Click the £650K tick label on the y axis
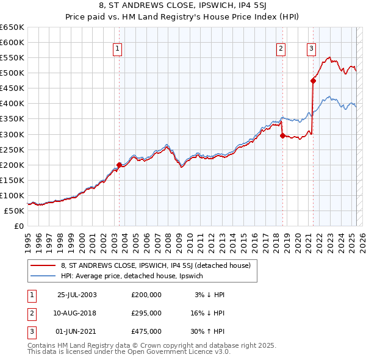(x=12, y=27)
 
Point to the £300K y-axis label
(x=12, y=134)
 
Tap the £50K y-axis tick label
(x=14, y=211)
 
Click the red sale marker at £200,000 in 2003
(x=120, y=164)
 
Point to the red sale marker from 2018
(x=282, y=135)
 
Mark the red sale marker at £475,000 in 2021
(x=313, y=80)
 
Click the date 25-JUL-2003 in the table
(x=77, y=295)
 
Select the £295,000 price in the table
(x=146, y=313)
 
